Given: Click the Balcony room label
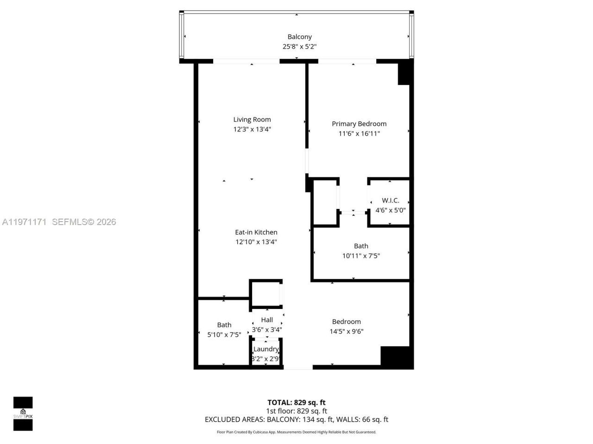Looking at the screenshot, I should [x=299, y=37].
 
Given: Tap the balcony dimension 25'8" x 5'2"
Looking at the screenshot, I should [x=299, y=47].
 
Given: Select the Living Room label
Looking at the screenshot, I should [x=252, y=119].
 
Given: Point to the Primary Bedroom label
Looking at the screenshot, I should [x=359, y=123].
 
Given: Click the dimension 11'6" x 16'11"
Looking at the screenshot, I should [x=359, y=134].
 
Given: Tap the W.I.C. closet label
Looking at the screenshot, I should [x=390, y=200].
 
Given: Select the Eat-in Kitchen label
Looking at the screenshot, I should [x=256, y=232].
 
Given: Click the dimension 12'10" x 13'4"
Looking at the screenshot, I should [x=256, y=242].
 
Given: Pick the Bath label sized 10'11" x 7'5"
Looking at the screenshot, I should [x=361, y=246].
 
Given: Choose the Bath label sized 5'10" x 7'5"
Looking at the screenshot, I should [x=224, y=325].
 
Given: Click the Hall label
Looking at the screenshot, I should [x=267, y=320].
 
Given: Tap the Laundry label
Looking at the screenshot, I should [x=266, y=349].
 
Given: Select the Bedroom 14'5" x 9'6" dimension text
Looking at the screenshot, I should [x=346, y=332].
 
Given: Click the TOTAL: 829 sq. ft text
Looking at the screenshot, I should [x=296, y=402].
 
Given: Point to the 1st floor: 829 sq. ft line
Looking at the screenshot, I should [x=296, y=411].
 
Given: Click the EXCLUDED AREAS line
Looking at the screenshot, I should [x=296, y=419].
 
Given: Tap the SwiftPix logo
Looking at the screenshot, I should [x=23, y=413].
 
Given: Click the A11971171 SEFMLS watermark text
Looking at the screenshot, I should [x=59, y=222].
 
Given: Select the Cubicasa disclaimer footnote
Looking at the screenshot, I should [x=296, y=432].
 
